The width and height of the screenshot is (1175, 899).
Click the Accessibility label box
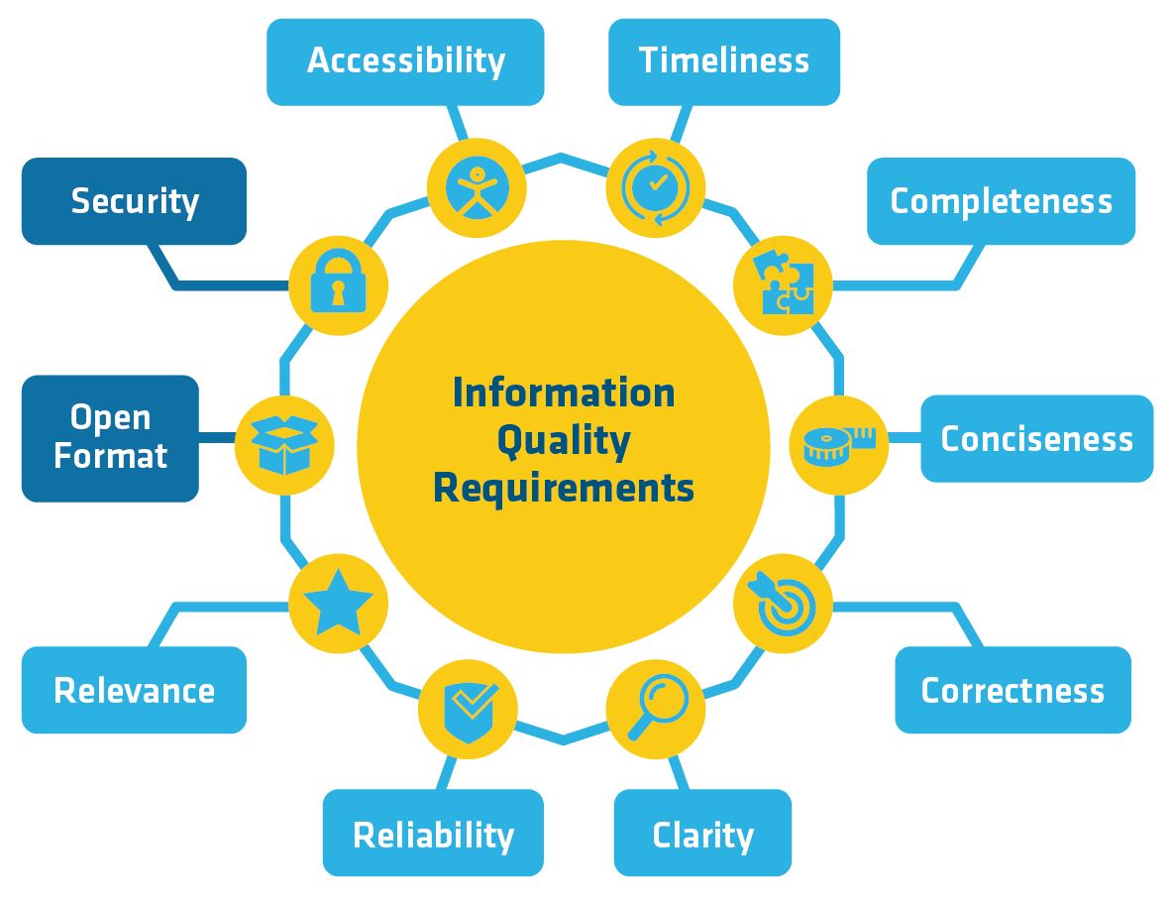click(x=405, y=61)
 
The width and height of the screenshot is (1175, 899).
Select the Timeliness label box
click(x=724, y=61)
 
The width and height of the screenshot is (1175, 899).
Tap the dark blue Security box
click(x=134, y=201)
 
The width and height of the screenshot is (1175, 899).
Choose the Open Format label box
click(x=110, y=438)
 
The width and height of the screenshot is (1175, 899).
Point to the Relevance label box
click(x=134, y=690)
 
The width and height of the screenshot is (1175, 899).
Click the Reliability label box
click(x=433, y=833)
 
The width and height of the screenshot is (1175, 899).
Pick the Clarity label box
click(x=702, y=833)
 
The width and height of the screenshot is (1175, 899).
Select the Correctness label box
click(x=1013, y=690)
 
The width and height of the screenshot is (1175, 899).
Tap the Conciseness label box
click(x=1036, y=438)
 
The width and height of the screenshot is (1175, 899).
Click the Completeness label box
click(x=1001, y=201)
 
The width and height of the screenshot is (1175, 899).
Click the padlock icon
click(x=338, y=282)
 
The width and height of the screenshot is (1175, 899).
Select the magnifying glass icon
click(x=657, y=706)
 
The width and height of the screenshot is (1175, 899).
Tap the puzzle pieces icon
click(x=783, y=283)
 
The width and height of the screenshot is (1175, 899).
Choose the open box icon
click(x=284, y=445)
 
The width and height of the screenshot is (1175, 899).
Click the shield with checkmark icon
click(x=469, y=711)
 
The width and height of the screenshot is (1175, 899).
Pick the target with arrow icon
click(x=784, y=605)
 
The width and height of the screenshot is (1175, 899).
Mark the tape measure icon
click(x=838, y=445)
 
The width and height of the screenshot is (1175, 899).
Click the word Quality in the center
click(x=564, y=441)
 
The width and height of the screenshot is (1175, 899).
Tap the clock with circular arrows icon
click(x=656, y=187)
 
